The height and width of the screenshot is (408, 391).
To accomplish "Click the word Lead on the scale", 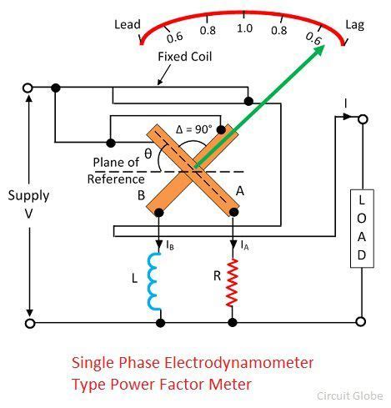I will [x=128, y=25].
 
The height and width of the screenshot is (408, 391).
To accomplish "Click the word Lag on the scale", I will [x=355, y=26].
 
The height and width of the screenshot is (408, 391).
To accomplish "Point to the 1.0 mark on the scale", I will [x=244, y=28].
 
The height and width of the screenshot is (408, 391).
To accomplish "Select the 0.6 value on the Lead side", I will [x=174, y=37].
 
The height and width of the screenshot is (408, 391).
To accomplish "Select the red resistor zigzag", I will [x=233, y=282].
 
